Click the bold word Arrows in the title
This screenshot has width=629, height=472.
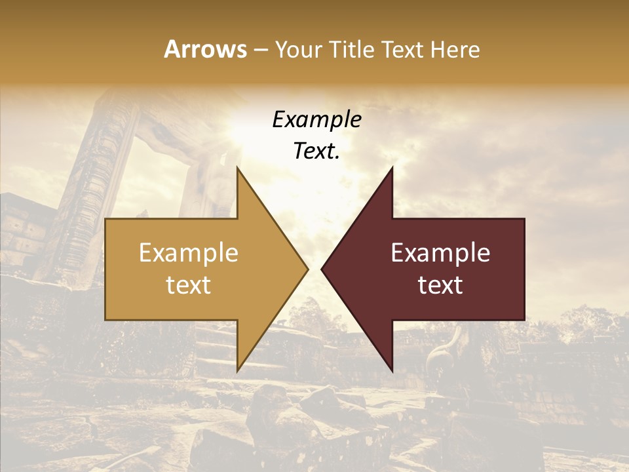pyautogui.click(x=206, y=49)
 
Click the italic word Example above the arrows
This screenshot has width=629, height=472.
pyautogui.click(x=316, y=120)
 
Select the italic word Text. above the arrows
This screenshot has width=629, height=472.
pyautogui.click(x=316, y=151)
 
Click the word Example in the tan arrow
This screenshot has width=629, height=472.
pyautogui.click(x=189, y=253)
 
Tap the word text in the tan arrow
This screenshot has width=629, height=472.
pyautogui.click(x=189, y=285)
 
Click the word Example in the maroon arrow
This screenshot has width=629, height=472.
pyautogui.click(x=440, y=253)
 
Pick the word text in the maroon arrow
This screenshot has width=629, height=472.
pyautogui.click(x=440, y=285)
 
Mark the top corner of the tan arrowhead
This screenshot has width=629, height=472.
pyautogui.click(x=237, y=168)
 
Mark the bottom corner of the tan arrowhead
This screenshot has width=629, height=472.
pyautogui.click(x=237, y=370)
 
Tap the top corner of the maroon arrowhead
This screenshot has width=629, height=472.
pyautogui.click(x=392, y=168)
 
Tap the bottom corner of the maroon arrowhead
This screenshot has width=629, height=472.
pyautogui.click(x=392, y=370)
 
